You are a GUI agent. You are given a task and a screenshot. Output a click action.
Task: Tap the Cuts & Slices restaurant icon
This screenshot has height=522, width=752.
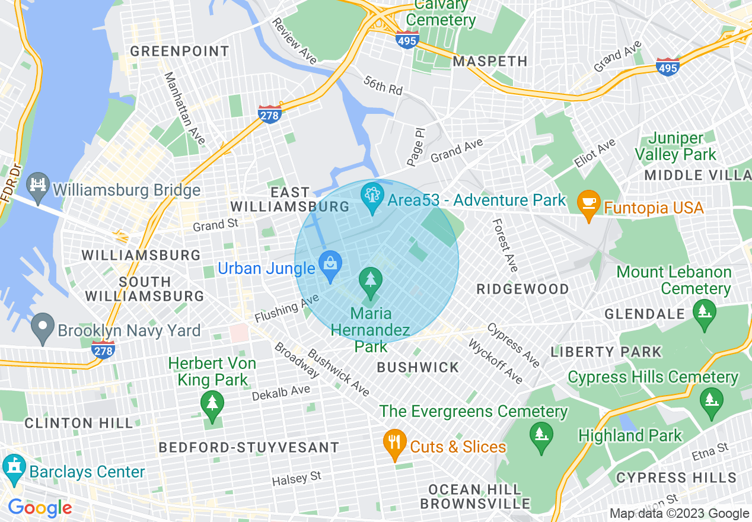[x=394, y=445]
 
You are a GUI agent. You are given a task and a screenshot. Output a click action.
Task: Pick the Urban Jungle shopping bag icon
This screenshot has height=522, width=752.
[x=330, y=267]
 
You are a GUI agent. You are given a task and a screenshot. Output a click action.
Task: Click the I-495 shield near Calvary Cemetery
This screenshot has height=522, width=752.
[x=408, y=39]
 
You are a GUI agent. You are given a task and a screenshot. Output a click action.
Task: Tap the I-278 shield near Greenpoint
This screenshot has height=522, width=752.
[x=269, y=114]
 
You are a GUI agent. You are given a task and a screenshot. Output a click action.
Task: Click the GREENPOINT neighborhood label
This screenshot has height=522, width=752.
[x=180, y=52]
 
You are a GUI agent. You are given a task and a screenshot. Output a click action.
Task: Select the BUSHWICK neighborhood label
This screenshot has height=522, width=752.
[x=418, y=367]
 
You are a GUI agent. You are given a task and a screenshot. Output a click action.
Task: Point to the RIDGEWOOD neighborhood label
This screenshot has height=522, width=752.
[x=523, y=289]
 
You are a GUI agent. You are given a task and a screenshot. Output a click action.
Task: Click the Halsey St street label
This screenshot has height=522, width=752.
[x=297, y=478]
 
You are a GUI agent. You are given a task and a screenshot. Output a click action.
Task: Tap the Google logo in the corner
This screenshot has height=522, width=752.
[x=40, y=508]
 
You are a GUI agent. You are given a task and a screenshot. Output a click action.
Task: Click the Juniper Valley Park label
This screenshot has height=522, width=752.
[x=675, y=147]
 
